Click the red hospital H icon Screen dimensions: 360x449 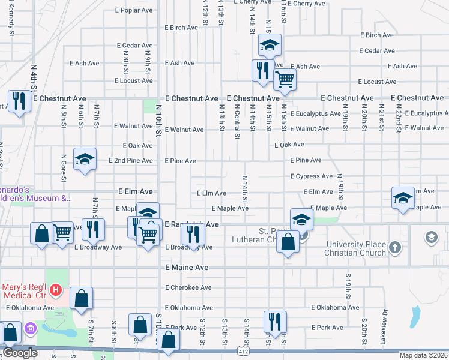tap(56, 290)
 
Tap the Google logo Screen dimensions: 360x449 tap(20, 353)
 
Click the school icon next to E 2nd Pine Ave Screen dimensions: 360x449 tap(85, 159)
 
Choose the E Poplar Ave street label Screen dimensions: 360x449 tap(136, 11)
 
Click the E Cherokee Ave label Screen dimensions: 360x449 tap(188, 287)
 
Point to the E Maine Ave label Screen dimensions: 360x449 tap(186, 267)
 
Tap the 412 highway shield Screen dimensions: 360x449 tap(243, 350)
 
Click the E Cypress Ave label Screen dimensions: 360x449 tap(311, 176)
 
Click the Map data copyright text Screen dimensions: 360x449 tap(424, 355)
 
